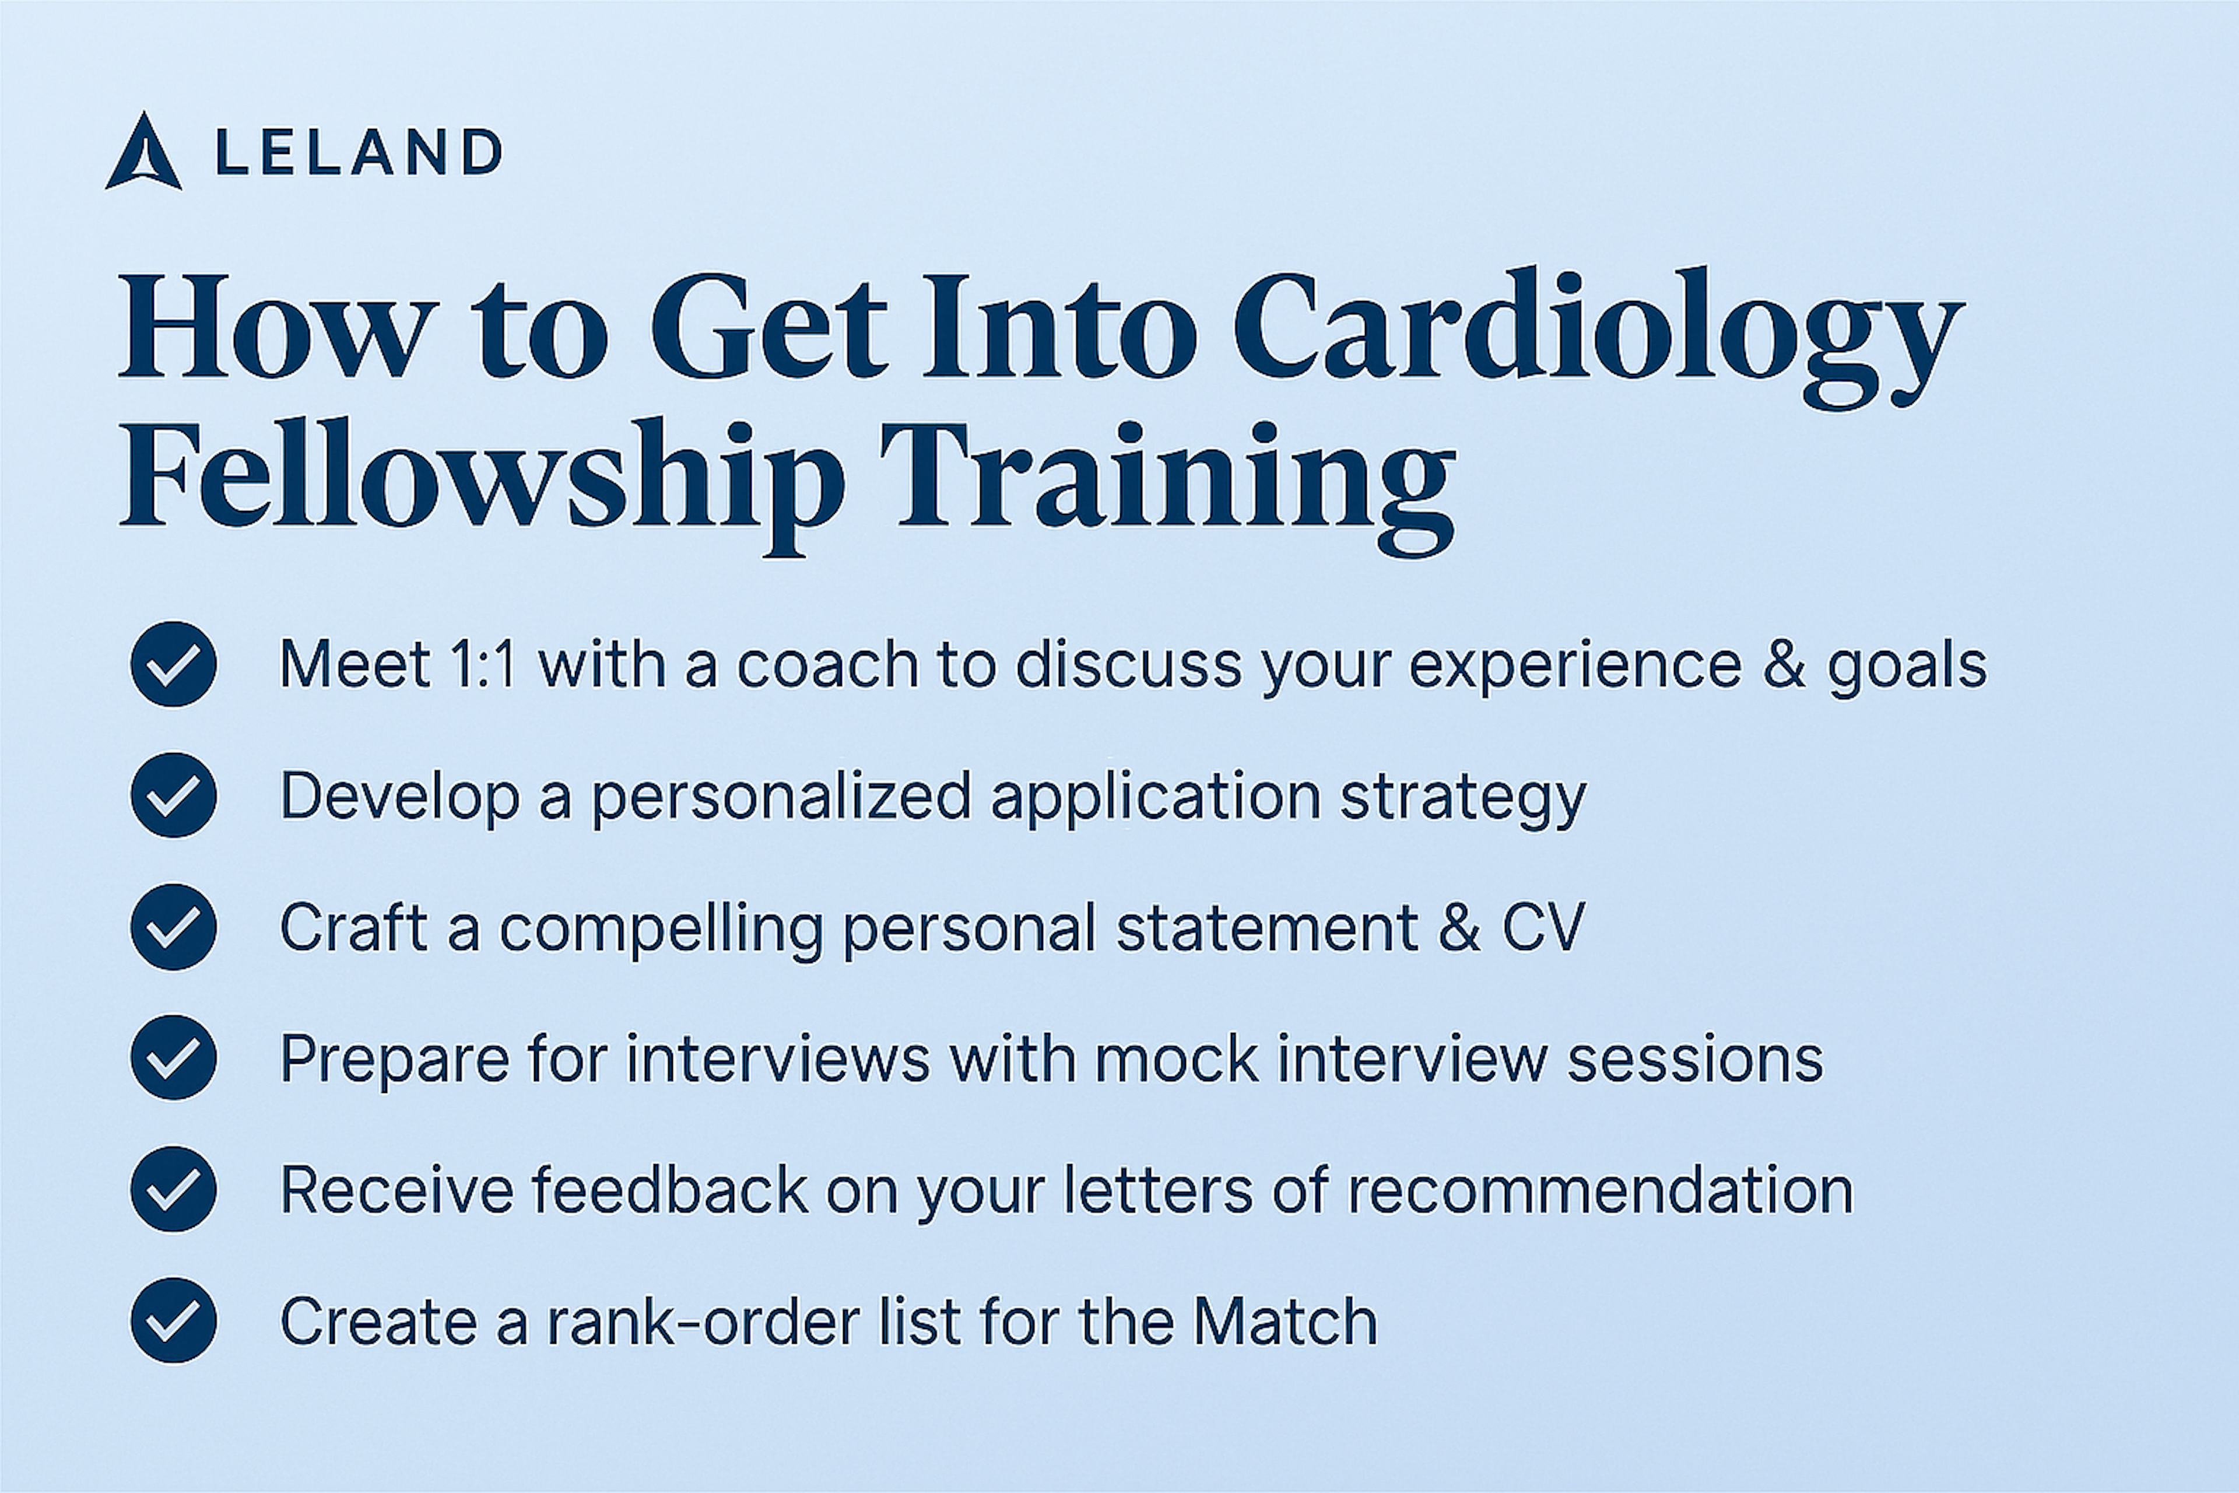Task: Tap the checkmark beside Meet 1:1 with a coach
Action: point(173,664)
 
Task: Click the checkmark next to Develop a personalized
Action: point(173,795)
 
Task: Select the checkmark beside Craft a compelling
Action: point(173,927)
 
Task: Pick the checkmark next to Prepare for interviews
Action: point(173,1058)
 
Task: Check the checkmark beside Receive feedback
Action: point(173,1189)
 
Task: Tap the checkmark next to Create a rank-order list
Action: point(173,1320)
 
